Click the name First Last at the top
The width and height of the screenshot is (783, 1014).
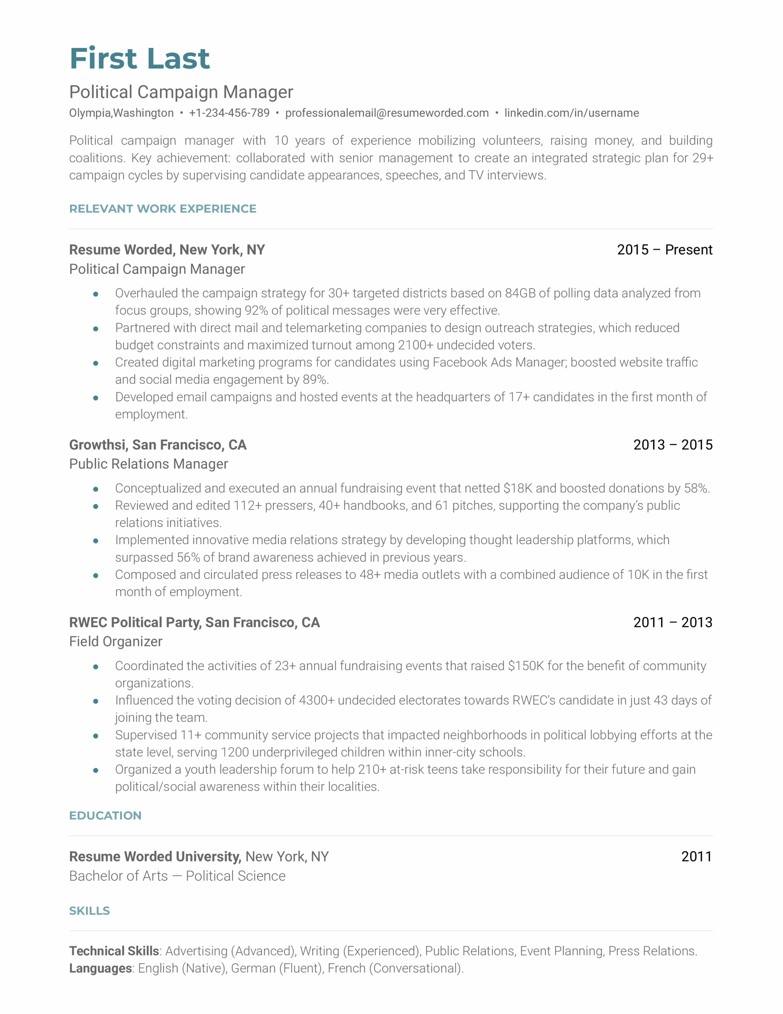point(139,59)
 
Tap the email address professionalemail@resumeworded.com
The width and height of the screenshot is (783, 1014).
point(387,113)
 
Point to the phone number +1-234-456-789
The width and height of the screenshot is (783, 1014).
point(229,113)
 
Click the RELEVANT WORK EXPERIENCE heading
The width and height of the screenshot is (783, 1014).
point(162,209)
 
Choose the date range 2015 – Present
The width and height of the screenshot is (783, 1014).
point(664,250)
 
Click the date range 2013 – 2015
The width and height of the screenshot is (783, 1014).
point(673,445)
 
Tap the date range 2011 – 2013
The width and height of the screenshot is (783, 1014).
point(673,622)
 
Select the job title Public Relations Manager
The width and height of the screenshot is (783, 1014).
point(148,464)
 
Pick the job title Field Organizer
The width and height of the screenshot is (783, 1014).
point(116,641)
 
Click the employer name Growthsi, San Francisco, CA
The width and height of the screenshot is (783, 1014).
point(158,445)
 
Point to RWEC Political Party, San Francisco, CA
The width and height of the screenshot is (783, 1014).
point(194,622)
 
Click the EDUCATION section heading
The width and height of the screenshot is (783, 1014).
point(105,816)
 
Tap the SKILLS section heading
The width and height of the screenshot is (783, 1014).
point(89,911)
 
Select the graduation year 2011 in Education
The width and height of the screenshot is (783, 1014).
point(696,857)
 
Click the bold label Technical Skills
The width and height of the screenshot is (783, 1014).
point(114,951)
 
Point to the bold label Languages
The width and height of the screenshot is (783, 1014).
point(101,968)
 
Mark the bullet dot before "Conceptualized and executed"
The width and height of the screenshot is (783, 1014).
point(96,489)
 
